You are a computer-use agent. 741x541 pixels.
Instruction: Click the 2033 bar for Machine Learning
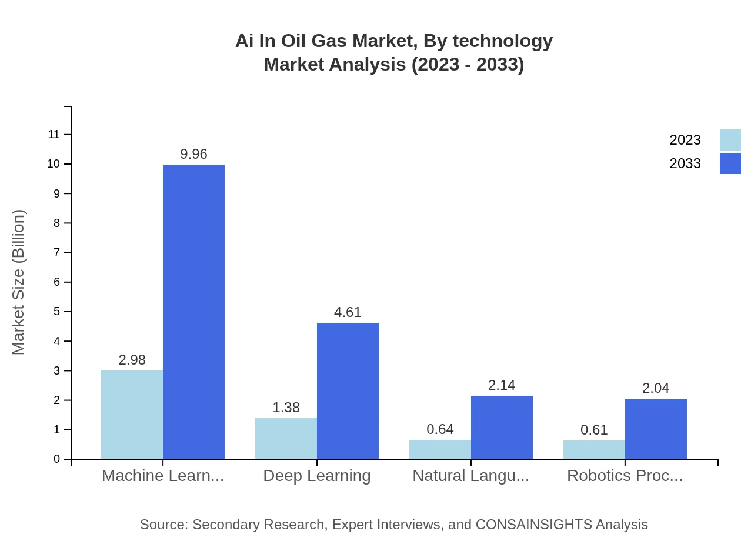193,312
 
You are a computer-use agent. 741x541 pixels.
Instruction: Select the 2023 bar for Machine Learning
132,415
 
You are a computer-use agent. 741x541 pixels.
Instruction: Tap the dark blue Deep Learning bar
348,390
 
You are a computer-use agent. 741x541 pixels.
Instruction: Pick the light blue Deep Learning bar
286,438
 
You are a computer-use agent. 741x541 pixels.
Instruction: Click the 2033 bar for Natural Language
502,427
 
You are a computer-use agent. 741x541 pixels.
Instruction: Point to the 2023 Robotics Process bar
594,449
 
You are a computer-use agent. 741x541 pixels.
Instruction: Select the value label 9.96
193,154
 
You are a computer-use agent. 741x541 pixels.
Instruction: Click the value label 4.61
348,312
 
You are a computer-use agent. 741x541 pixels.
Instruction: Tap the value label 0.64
440,429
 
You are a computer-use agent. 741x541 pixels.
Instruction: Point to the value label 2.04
656,388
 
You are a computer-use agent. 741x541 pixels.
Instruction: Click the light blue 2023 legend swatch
730,140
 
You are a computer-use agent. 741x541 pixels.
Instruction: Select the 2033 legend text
685,163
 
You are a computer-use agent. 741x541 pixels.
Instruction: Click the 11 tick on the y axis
54,135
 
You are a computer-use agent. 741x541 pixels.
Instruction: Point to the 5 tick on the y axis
57,311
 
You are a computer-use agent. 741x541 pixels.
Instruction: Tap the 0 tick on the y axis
57,459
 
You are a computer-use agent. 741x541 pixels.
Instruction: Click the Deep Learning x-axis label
317,476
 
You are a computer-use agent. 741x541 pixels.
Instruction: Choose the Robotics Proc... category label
625,476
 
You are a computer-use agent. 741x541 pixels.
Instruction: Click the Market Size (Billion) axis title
18,282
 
